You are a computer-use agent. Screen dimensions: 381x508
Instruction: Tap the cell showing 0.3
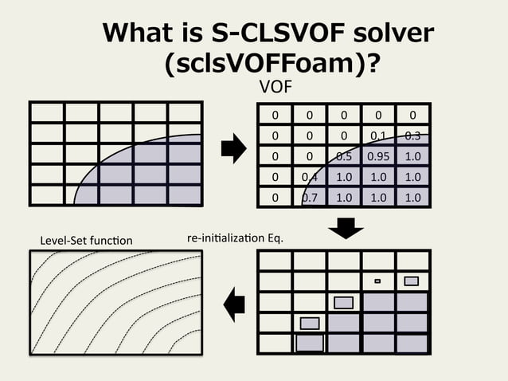(412, 135)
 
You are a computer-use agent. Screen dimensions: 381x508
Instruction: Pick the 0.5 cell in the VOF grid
(344, 155)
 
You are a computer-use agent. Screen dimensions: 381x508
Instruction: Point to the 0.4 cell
(310, 176)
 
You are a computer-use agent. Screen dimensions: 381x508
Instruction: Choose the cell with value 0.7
(310, 196)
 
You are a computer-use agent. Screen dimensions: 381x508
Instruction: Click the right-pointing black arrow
(233, 148)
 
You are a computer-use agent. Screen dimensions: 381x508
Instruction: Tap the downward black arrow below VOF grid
(346, 229)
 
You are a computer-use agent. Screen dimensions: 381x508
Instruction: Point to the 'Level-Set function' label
(85, 240)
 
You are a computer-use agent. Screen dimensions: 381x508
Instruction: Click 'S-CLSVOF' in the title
(279, 33)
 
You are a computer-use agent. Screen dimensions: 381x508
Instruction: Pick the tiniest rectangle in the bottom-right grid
(377, 281)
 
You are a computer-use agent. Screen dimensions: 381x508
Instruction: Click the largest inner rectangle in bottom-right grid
(310, 343)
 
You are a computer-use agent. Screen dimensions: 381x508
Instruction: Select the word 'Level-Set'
(62, 240)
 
